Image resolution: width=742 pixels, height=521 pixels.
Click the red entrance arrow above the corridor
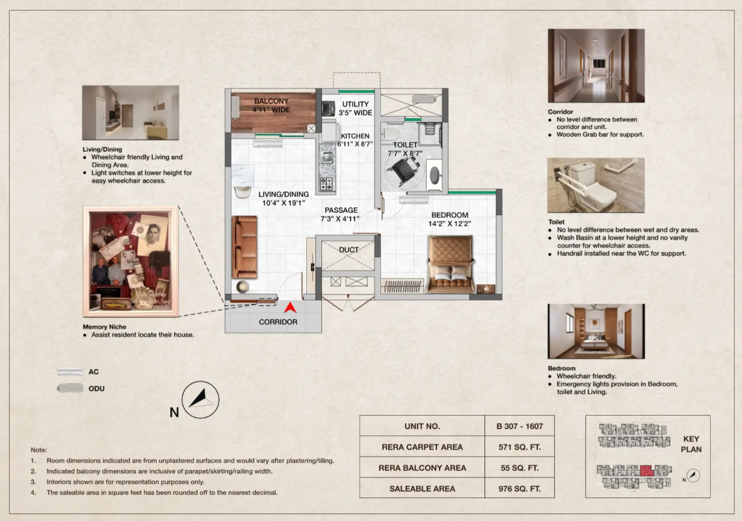click(290, 309)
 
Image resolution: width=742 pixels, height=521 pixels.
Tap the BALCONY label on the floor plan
click(271, 101)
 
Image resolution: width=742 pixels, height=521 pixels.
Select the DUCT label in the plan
click(349, 249)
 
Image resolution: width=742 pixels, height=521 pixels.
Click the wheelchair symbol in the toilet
click(403, 170)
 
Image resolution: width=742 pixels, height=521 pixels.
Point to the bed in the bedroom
click(451, 264)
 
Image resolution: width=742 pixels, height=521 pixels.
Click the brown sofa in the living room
click(245, 247)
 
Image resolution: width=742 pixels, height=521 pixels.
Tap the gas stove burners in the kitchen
click(326, 183)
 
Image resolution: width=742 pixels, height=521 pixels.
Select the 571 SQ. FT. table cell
click(519, 447)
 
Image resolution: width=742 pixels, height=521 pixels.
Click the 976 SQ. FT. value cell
click(519, 489)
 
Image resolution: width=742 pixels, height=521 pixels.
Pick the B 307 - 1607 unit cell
click(519, 426)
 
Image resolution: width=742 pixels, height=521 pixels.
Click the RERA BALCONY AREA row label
click(422, 468)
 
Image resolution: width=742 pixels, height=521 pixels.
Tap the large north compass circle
click(201, 400)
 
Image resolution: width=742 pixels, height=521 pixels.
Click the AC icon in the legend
click(70, 372)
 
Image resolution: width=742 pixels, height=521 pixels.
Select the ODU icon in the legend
click(70, 388)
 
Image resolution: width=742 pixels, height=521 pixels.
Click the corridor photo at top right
click(596, 66)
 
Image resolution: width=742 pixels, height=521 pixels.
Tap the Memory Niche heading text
click(105, 327)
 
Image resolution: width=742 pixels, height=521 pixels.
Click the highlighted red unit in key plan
click(647, 470)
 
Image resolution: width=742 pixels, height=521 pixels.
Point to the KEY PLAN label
click(691, 444)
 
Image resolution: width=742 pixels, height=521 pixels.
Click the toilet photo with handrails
click(596, 185)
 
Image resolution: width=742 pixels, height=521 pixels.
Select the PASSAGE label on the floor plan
click(341, 210)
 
